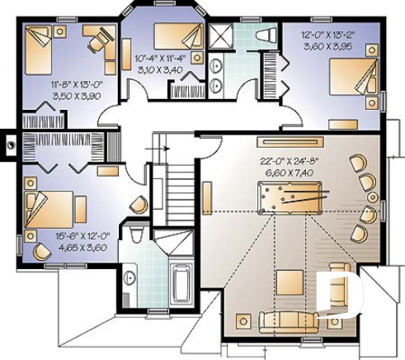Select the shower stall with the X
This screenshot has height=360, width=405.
(220, 36)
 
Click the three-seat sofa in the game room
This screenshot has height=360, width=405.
(276, 320)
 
